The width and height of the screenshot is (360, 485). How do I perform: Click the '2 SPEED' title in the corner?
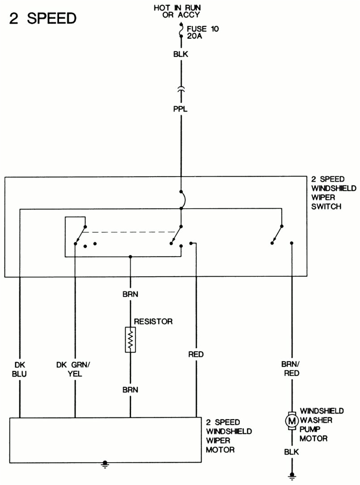[43, 18]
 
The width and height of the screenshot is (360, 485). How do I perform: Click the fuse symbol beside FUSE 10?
[181, 31]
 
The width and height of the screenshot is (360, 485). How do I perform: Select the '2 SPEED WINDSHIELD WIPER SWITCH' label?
[334, 193]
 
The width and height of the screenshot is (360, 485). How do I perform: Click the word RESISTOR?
[153, 321]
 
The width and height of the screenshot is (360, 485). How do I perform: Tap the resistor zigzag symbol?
[130, 340]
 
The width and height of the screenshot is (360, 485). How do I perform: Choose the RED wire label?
[196, 354]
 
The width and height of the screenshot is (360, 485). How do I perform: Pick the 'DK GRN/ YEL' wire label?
[74, 369]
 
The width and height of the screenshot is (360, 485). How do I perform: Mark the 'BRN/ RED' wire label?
[291, 369]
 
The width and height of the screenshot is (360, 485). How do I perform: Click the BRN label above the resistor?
[130, 294]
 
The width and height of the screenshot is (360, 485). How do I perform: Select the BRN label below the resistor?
[130, 390]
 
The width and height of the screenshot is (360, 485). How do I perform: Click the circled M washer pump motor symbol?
[291, 421]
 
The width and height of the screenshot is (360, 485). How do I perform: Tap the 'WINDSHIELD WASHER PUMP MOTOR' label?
[322, 425]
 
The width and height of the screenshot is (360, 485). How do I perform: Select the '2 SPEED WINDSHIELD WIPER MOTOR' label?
[229, 436]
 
